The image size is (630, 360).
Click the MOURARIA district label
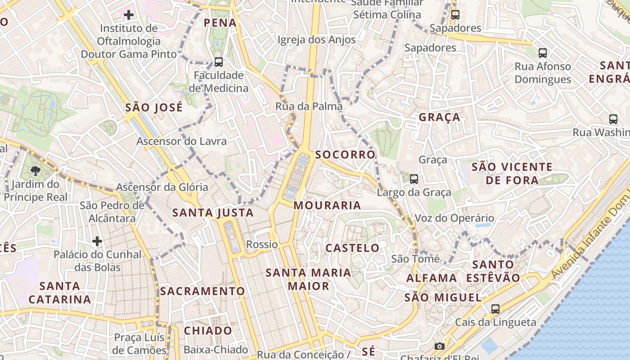[327, 205]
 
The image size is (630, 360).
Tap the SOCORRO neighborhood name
[345, 154]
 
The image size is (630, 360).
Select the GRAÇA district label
[440, 117]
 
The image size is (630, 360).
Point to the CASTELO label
[352, 247]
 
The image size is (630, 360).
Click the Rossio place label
[262, 244]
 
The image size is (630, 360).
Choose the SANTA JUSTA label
[213, 212]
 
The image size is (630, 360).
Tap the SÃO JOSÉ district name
[154, 107]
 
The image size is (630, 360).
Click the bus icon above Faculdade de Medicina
[219, 62]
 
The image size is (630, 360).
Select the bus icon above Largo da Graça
[414, 179]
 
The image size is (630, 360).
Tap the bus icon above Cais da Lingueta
[495, 309]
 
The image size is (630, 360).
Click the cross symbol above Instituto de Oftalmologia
[129, 15]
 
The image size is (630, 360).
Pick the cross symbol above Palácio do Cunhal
[97, 241]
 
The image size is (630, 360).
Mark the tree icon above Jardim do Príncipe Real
[35, 171]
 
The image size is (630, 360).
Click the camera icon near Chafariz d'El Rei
[440, 346]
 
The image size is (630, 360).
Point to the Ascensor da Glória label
[162, 187]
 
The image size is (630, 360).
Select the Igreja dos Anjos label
[316, 40]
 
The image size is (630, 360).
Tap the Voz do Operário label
[454, 218]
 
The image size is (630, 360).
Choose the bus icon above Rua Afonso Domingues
[543, 53]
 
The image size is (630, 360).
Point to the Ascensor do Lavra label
[181, 141]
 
